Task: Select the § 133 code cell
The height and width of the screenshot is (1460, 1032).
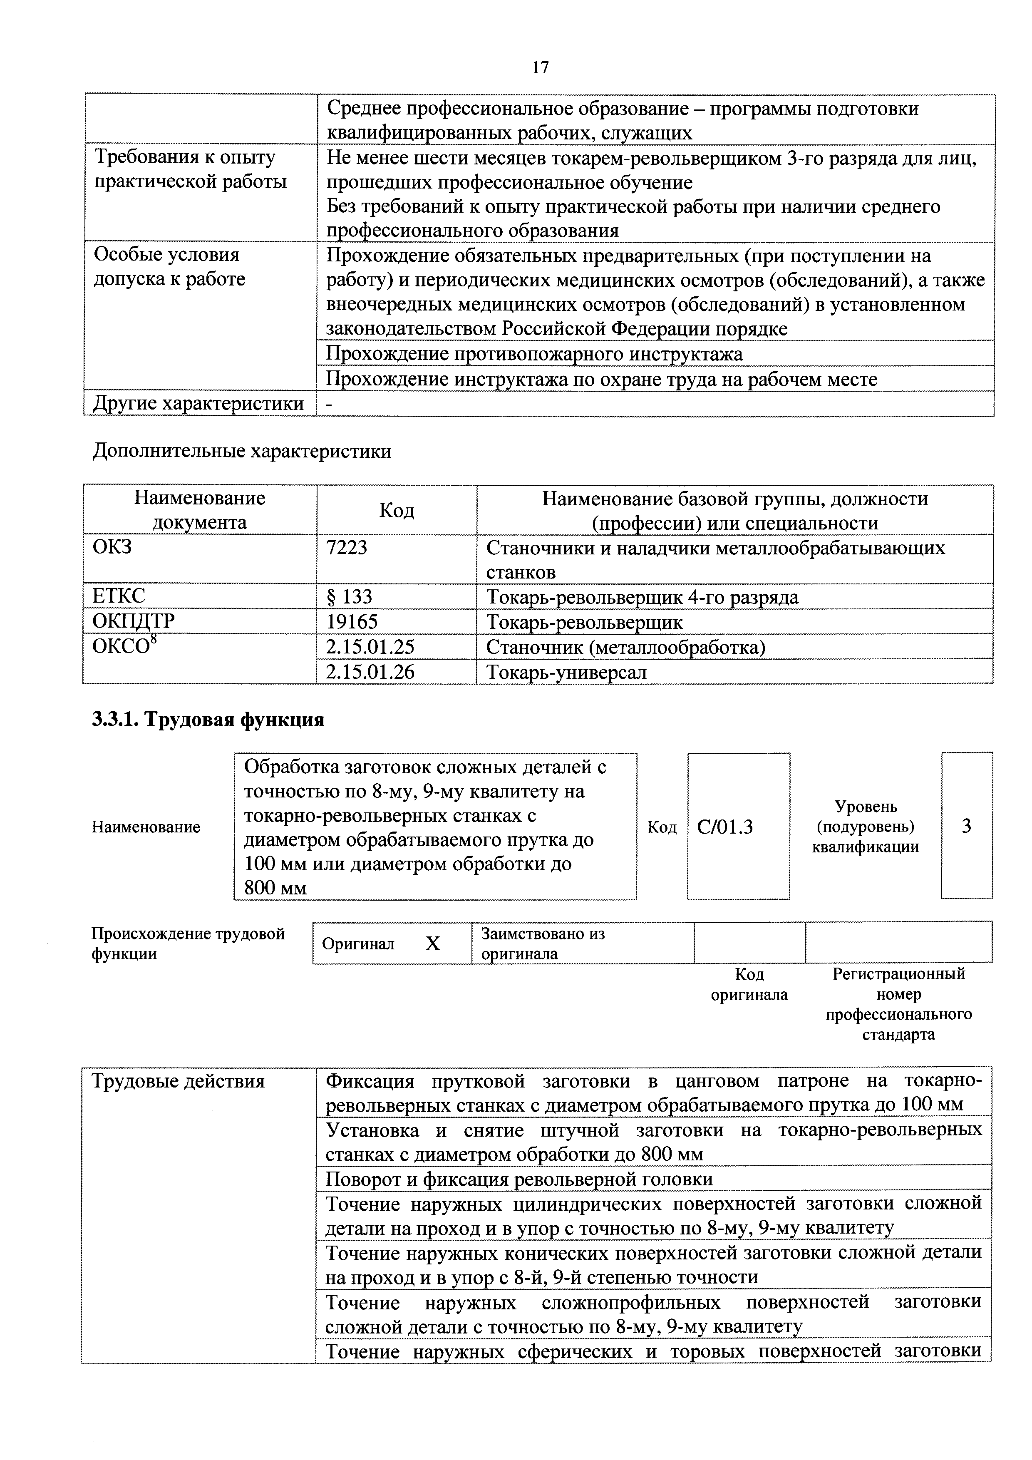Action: point(349,596)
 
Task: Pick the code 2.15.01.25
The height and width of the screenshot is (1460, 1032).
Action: point(370,647)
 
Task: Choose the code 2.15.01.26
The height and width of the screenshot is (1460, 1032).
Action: point(370,671)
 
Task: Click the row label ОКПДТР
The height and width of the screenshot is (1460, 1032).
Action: point(134,621)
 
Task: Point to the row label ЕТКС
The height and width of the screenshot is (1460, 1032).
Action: point(119,596)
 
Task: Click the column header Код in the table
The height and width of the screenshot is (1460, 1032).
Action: point(396,510)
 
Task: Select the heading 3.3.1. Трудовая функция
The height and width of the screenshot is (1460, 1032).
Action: point(208,719)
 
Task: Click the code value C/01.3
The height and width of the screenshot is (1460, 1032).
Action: point(725,827)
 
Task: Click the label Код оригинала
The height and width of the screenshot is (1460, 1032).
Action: point(749,984)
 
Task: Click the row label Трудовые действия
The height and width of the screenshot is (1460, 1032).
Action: point(178,1082)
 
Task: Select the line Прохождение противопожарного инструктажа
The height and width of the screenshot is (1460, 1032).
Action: point(534,353)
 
